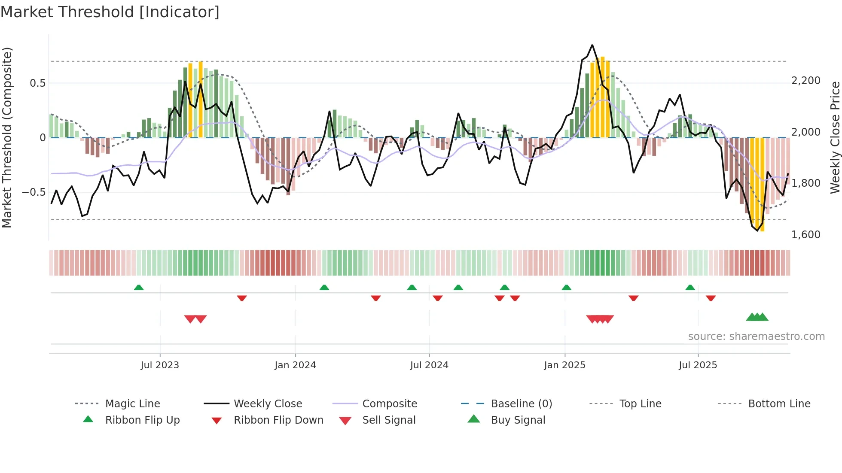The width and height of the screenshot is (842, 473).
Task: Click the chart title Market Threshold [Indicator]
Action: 110,12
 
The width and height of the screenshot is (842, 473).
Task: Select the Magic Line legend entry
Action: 132,404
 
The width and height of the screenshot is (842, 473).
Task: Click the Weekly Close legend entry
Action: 268,404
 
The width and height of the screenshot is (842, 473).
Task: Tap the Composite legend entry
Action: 389,404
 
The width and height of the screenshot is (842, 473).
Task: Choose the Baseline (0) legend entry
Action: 521,404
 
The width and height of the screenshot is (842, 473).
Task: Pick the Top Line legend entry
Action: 640,404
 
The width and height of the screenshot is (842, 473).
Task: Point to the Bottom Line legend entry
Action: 779,404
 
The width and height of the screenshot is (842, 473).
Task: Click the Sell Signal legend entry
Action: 388,420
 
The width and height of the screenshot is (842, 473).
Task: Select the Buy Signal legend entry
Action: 518,420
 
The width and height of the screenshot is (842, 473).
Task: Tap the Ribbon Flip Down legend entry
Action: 278,420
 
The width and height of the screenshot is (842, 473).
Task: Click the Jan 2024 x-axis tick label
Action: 295,365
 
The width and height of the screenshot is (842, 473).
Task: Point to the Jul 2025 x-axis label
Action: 698,365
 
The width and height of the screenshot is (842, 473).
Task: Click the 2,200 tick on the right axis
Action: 805,81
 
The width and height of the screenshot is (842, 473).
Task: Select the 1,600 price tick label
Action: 805,235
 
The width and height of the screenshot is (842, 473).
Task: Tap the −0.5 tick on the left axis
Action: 34,192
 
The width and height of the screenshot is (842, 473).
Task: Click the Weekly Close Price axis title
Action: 835,137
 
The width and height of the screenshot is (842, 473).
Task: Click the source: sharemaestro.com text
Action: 756,337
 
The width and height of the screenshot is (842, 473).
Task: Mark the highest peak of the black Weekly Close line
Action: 592,45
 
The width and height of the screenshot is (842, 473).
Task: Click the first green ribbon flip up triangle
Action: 138,288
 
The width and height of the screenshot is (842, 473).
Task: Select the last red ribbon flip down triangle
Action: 711,298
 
